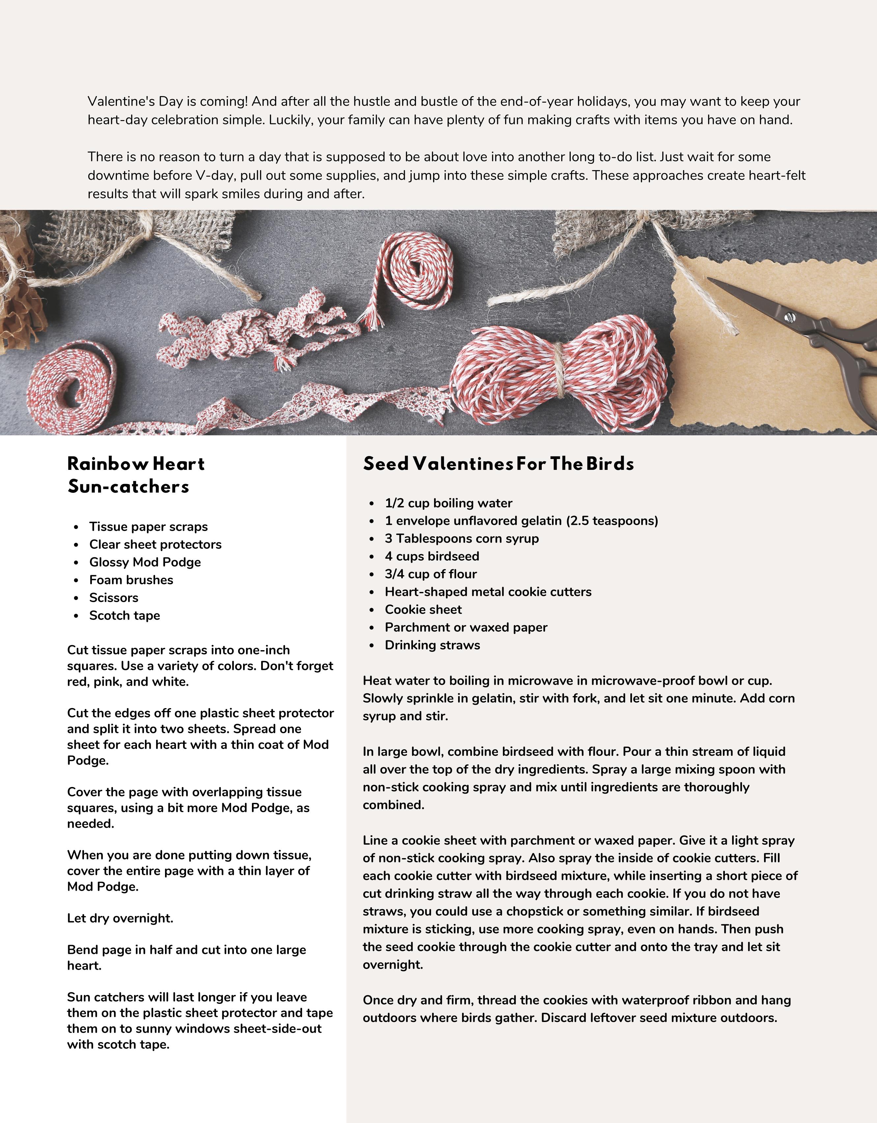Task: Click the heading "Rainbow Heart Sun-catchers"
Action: pos(136,474)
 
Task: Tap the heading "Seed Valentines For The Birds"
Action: pos(498,464)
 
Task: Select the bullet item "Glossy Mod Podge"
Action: pos(145,562)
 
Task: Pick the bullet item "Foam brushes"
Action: pos(131,580)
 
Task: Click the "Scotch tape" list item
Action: pos(124,616)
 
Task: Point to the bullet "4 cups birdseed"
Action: pos(432,556)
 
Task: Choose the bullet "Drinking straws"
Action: pos(432,645)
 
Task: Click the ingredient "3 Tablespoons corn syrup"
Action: pos(462,538)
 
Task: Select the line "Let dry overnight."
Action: pos(120,918)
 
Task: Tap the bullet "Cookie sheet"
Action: pos(423,610)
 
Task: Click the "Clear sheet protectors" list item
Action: pos(155,545)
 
